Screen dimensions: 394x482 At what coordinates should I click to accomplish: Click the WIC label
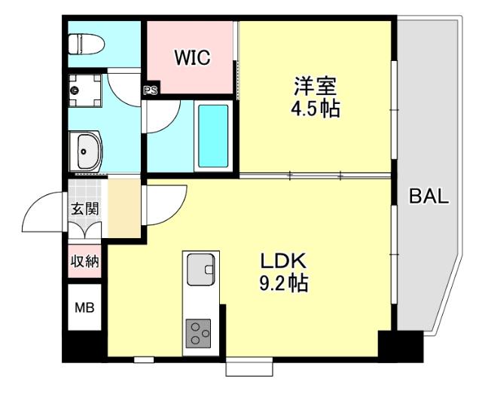pyautogui.click(x=192, y=57)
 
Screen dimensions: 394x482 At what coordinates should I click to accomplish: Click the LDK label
pyautogui.click(x=282, y=261)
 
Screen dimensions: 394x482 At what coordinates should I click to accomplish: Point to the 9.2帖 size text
pyautogui.click(x=283, y=285)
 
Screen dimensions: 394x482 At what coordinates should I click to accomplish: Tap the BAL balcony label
pyautogui.click(x=429, y=198)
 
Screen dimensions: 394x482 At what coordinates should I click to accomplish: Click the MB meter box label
pyautogui.click(x=84, y=307)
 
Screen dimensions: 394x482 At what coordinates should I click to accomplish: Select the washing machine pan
pyautogui.click(x=84, y=91)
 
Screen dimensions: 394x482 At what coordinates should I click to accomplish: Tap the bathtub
pyautogui.click(x=213, y=136)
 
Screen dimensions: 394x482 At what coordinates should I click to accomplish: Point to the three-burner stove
pyautogui.click(x=200, y=332)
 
